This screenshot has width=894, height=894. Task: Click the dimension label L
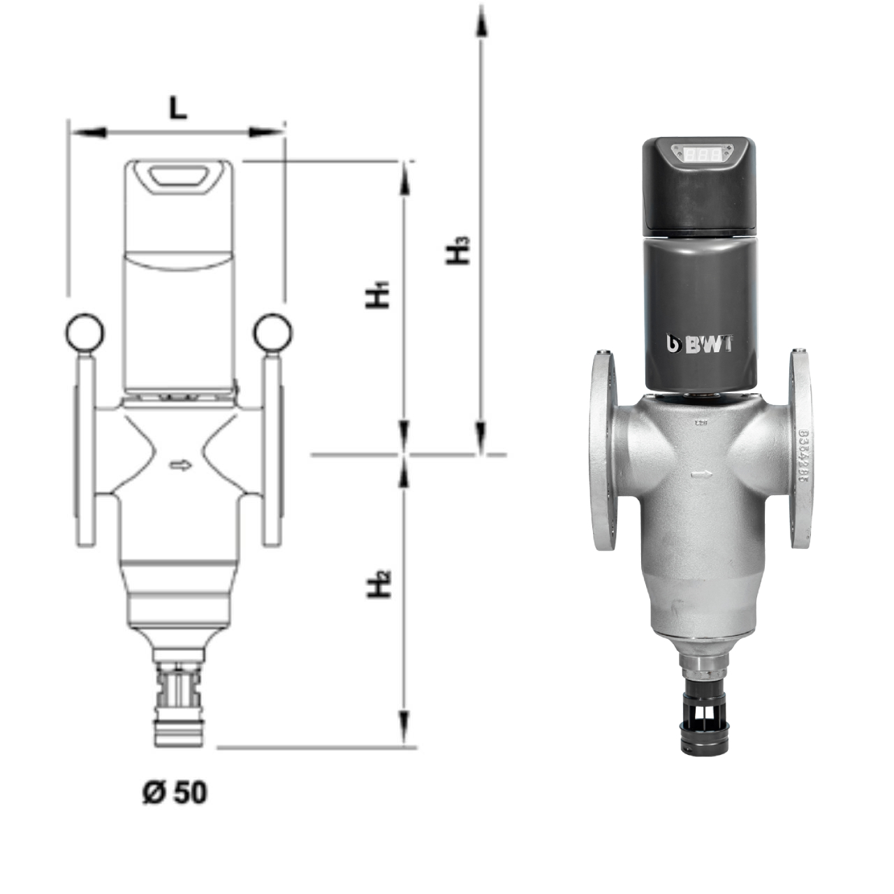(179, 108)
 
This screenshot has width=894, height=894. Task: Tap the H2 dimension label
(378, 585)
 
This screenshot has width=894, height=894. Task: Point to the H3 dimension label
(457, 251)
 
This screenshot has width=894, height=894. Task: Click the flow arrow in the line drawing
(180, 465)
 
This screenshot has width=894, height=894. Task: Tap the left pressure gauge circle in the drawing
(85, 332)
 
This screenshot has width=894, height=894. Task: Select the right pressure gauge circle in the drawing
(272, 332)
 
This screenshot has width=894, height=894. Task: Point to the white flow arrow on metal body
(701, 475)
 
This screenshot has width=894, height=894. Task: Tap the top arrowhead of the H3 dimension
(481, 21)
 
